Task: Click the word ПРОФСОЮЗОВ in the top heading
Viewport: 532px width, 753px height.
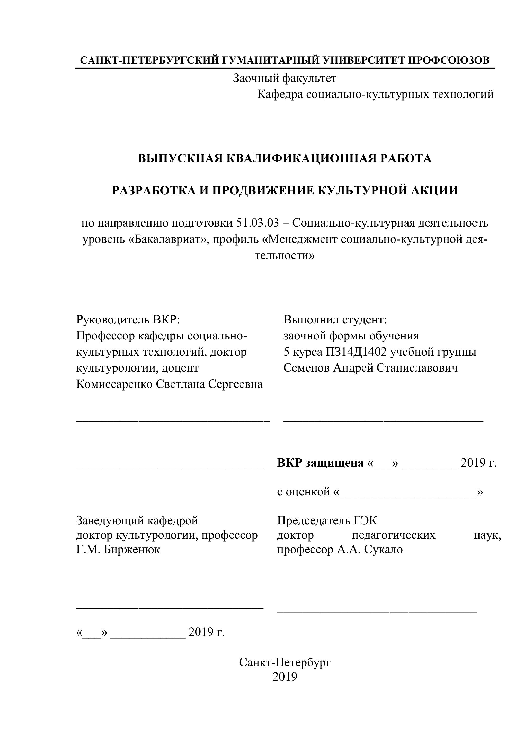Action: tap(449, 60)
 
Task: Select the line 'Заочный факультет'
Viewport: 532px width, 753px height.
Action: tap(284, 78)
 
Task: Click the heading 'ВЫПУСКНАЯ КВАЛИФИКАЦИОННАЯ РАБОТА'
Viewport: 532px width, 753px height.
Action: tap(284, 158)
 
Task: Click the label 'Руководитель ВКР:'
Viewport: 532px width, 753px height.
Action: tap(128, 319)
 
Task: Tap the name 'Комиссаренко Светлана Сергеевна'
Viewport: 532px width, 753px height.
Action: tap(169, 384)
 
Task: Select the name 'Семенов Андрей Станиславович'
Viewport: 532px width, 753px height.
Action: tap(370, 368)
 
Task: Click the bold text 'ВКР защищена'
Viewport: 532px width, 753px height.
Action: tap(320, 463)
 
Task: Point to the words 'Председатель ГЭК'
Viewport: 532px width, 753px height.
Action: tap(327, 520)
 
